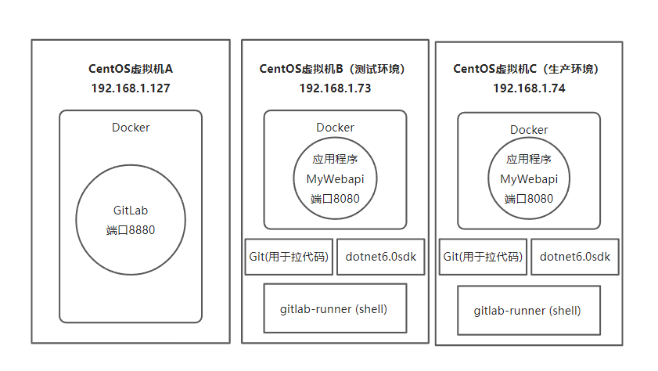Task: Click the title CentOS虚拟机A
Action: click(131, 68)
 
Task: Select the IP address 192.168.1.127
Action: click(131, 88)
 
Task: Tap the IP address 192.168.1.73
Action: click(335, 88)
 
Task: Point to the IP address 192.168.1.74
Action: click(529, 88)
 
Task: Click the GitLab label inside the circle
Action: click(131, 211)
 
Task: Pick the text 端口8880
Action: click(131, 230)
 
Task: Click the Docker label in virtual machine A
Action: click(131, 128)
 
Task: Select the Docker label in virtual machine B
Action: click(335, 128)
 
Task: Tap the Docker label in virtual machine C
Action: click(529, 130)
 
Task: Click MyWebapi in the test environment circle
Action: click(335, 179)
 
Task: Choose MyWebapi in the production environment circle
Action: click(529, 179)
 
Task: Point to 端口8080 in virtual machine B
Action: click(335, 199)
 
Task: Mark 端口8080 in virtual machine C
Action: click(529, 199)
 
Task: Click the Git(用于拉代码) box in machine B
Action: click(289, 257)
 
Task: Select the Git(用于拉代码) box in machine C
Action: click(483, 257)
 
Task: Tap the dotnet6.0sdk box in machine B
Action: click(380, 257)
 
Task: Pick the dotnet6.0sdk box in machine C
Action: click(574, 257)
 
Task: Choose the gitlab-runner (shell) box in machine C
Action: click(528, 311)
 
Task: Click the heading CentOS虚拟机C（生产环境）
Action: click(529, 68)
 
